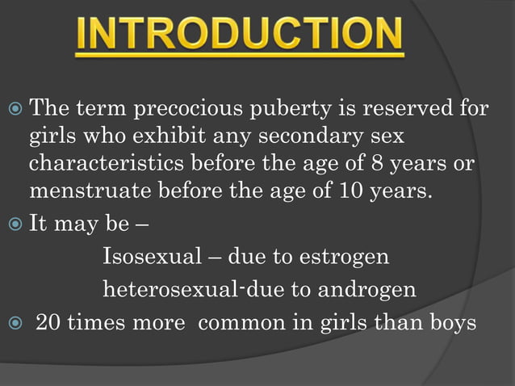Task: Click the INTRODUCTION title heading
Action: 239,35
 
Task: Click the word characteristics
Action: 106,164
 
